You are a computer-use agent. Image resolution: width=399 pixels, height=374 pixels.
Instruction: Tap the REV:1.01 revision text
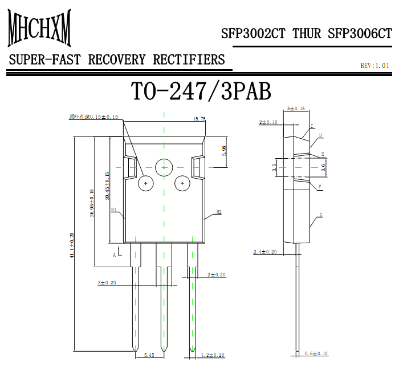(375, 66)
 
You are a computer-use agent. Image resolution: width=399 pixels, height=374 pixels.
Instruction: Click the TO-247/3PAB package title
(201, 91)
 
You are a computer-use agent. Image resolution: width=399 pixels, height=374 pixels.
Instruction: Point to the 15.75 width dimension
(199, 119)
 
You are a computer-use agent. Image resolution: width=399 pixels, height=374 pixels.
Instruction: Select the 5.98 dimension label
(224, 151)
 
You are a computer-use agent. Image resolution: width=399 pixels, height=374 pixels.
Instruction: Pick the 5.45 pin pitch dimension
(149, 355)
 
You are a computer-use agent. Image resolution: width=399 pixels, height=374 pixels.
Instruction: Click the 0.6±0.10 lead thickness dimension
(317, 353)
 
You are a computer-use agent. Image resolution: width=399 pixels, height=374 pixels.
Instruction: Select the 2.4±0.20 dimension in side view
(265, 252)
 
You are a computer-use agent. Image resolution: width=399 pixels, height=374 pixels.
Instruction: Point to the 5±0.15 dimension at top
(295, 108)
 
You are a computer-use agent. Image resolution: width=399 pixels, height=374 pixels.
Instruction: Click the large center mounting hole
(164, 167)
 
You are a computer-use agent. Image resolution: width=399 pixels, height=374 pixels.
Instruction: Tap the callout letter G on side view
(321, 215)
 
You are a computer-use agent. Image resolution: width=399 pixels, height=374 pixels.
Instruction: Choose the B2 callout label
(218, 212)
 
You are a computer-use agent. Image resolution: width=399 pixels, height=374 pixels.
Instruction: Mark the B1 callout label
(114, 210)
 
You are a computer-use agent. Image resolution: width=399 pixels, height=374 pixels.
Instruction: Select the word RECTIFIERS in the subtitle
(195, 59)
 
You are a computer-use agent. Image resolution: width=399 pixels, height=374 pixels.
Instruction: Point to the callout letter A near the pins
(114, 255)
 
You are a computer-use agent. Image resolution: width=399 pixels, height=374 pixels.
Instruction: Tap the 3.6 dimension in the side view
(323, 167)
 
